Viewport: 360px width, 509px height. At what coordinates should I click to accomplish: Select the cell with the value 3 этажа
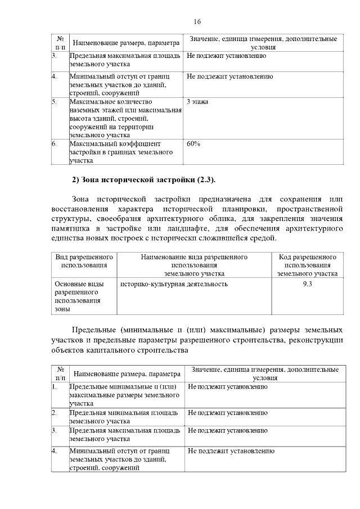click(x=198, y=102)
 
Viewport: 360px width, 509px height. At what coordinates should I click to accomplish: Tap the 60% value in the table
click(x=193, y=144)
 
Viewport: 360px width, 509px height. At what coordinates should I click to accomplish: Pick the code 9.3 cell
click(x=307, y=284)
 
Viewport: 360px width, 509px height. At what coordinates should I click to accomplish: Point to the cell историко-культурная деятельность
click(x=174, y=284)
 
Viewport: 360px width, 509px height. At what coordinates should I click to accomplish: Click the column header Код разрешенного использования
click(x=307, y=265)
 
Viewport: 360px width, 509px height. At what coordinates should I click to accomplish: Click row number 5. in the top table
click(x=55, y=102)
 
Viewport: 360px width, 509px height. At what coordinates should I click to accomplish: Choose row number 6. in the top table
click(x=55, y=144)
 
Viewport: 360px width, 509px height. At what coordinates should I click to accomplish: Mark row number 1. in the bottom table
click(x=55, y=387)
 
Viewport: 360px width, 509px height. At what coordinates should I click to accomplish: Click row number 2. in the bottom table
click(x=55, y=413)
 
